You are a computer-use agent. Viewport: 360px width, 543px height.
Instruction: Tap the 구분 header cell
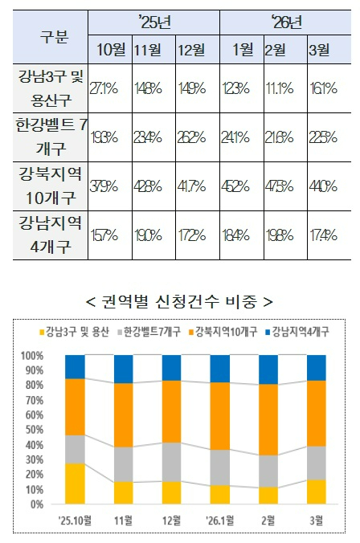coord(53,36)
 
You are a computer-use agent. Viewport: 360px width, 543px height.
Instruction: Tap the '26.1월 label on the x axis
coord(219,518)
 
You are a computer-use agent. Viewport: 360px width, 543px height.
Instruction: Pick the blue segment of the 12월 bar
coord(172,367)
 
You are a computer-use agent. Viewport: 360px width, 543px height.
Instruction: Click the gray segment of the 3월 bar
coord(317,463)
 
